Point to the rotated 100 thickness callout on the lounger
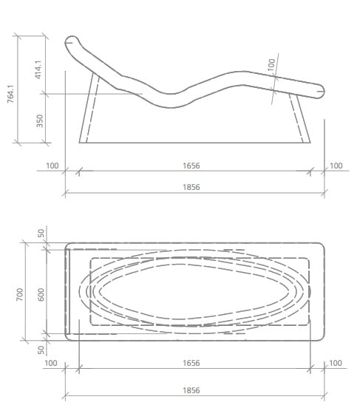tap(271, 65)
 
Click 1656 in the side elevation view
tap(191, 166)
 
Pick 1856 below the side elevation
tap(191, 188)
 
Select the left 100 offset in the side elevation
tap(52, 166)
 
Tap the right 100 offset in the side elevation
tap(336, 166)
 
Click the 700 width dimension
tap(21, 293)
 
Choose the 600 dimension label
tap(41, 293)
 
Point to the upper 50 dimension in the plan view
tap(41, 233)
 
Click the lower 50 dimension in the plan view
tap(41, 348)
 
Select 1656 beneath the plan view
tap(191, 363)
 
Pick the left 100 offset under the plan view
tap(51, 363)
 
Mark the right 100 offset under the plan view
tap(336, 363)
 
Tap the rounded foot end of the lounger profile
tap(318, 92)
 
